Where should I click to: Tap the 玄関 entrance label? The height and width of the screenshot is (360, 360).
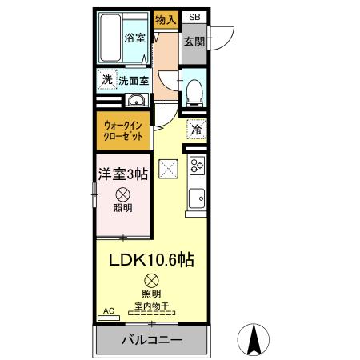194,41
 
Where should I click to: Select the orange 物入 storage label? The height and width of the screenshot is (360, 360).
166,20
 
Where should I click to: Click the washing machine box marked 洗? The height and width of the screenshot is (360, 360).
106,79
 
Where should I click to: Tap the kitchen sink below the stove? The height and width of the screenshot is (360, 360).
196,197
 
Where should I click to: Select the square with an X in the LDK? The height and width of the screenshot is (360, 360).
168,169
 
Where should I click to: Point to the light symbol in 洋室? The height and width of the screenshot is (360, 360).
123,194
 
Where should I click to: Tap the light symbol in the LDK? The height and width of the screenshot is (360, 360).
152,280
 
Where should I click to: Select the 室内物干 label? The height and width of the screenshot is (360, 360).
152,305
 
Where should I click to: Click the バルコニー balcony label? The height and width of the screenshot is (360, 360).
152,340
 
